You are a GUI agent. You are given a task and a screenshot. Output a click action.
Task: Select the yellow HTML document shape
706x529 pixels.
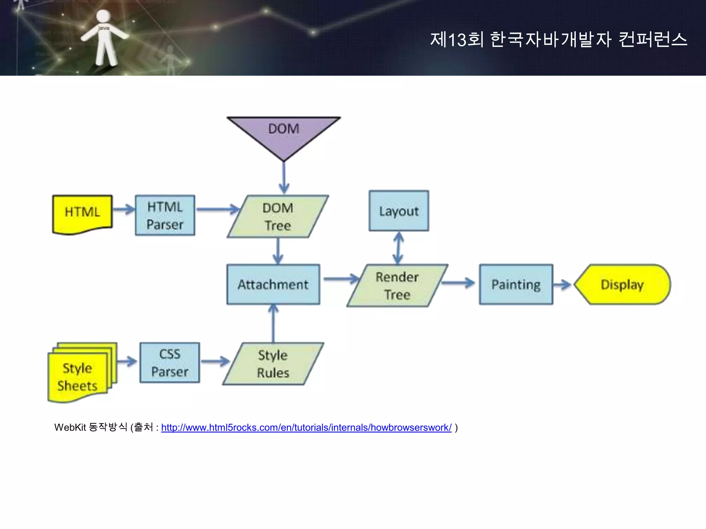point(82,214)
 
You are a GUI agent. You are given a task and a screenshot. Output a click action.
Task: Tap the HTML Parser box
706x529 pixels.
point(165,216)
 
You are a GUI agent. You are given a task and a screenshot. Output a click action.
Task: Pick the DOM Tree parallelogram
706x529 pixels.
point(278,217)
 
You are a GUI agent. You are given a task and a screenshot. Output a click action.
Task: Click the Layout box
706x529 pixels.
point(399,211)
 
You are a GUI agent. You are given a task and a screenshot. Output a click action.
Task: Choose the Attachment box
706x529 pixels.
point(273,284)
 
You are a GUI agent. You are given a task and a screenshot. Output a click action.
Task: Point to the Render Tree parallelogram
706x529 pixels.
point(397,286)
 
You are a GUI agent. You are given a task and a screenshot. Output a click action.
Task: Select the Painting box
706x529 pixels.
point(516,284)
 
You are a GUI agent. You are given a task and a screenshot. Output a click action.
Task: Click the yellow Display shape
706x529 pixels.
point(622,284)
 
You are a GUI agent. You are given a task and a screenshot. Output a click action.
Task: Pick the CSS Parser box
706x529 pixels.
point(170,363)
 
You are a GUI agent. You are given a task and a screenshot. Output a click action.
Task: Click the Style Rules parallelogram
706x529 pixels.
point(273,364)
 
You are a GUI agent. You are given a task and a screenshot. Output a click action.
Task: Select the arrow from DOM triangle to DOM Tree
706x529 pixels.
point(284,177)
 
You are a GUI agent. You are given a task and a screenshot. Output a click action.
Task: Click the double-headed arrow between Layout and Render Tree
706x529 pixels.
point(399,248)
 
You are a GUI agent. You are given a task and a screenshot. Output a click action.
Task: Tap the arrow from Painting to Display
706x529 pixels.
point(563,285)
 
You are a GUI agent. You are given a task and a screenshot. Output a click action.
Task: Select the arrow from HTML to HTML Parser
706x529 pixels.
point(123,209)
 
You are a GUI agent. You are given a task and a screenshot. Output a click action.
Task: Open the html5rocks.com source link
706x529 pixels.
point(306,428)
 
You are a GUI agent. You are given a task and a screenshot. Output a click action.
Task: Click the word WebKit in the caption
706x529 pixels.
point(70,428)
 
